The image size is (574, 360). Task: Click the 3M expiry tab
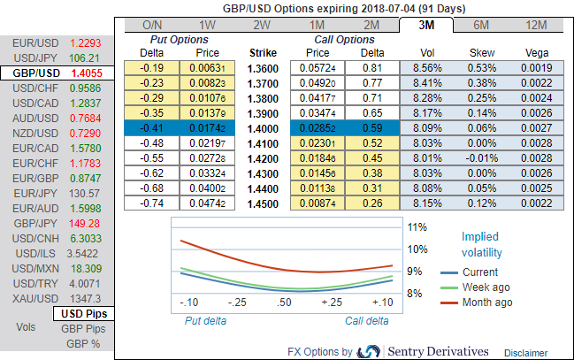(x=426, y=25)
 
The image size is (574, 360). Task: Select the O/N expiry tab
(x=151, y=25)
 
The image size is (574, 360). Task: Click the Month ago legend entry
(x=486, y=303)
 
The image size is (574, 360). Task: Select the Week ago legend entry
(x=485, y=287)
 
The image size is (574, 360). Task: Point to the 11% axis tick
(x=418, y=227)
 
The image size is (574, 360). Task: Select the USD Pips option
(x=82, y=314)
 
